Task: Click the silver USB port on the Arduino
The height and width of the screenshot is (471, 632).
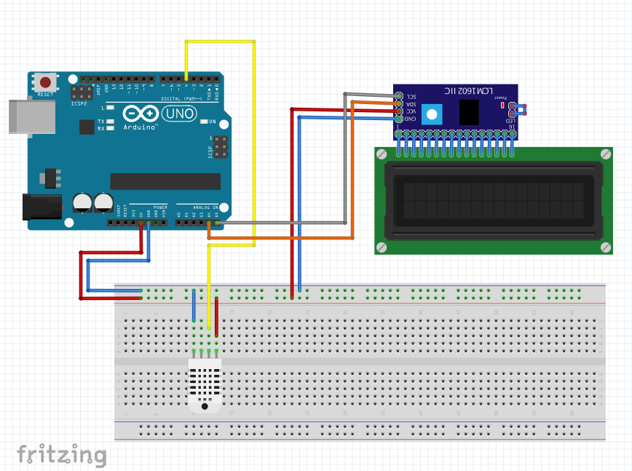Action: pyautogui.click(x=31, y=116)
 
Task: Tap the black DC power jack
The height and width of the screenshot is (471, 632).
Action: pyautogui.click(x=41, y=206)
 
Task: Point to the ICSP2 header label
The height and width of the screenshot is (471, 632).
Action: pyautogui.click(x=80, y=103)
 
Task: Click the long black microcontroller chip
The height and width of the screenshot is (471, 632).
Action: pyautogui.click(x=165, y=181)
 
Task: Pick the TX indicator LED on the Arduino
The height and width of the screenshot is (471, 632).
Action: pyautogui.click(x=110, y=122)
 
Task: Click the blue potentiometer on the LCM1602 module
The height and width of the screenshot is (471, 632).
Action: pyautogui.click(x=432, y=114)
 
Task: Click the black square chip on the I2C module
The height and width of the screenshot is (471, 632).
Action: pyautogui.click(x=469, y=111)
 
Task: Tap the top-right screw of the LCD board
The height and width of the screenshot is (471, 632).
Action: pyautogui.click(x=605, y=154)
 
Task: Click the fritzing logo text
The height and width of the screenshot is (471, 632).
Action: pyautogui.click(x=62, y=455)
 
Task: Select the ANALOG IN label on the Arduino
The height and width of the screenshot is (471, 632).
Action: pyautogui.click(x=198, y=207)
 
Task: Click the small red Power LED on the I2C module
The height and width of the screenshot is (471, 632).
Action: pyautogui.click(x=502, y=106)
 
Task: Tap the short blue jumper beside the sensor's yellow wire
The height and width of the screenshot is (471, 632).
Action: pyautogui.click(x=194, y=305)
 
